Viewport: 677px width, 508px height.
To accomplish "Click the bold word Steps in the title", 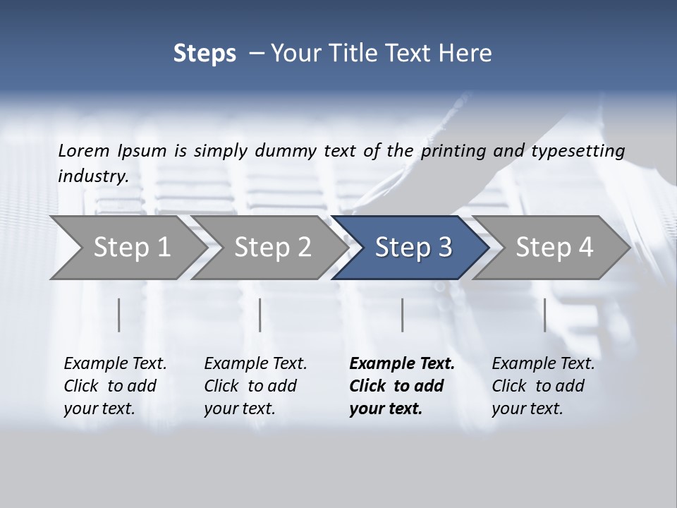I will (205, 54).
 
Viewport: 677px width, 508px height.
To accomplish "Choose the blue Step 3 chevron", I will (413, 248).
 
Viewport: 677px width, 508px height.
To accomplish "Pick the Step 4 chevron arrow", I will (554, 248).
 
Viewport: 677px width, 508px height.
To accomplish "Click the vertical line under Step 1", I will (119, 315).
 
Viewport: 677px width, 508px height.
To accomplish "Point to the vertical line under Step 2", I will (260, 315).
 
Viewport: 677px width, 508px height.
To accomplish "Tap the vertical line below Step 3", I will (402, 315).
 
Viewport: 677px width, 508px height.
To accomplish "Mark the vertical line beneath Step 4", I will (544, 315).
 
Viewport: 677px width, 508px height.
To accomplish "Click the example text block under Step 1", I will (115, 386).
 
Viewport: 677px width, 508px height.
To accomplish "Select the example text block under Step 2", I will (255, 386).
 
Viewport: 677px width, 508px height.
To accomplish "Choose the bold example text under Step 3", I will (402, 386).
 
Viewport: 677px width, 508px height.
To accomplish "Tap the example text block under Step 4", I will (543, 386).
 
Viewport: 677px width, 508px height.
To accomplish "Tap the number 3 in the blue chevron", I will (444, 248).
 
